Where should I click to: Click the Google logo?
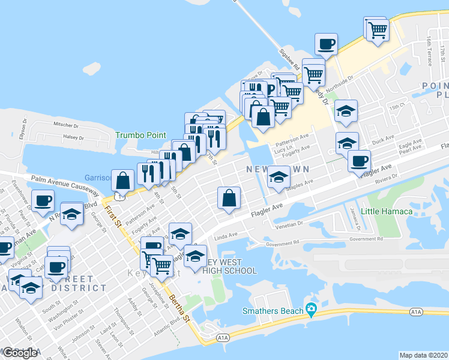click(x=20, y=353)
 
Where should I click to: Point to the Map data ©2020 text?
click(x=424, y=355)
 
